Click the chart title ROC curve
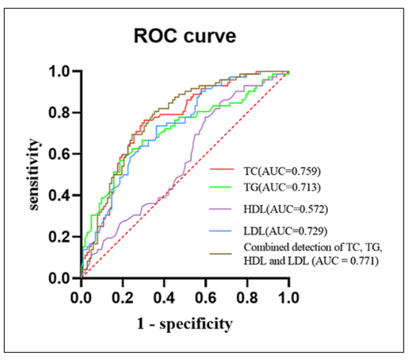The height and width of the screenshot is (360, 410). (x=185, y=36)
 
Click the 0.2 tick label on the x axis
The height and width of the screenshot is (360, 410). (x=123, y=297)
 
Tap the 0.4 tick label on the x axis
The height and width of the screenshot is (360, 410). (x=164, y=297)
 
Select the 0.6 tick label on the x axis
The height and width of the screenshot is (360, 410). (x=205, y=297)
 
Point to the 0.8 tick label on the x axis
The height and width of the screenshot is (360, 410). (x=247, y=297)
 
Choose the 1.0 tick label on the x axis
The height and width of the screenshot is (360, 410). (x=289, y=297)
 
